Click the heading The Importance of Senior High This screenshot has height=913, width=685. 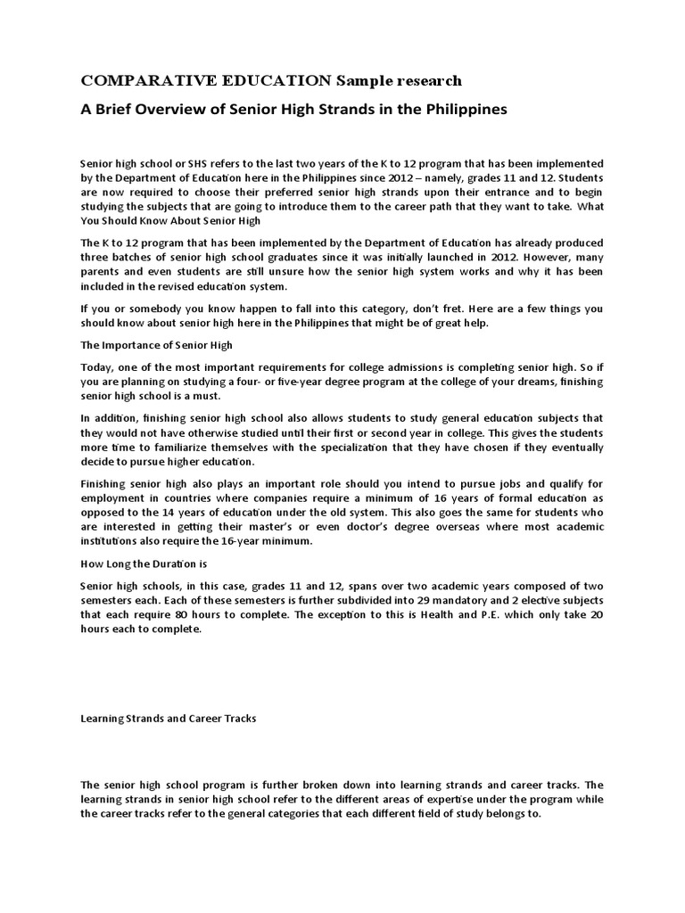(156, 345)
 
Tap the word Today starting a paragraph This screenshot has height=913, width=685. (97, 367)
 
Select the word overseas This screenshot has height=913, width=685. (407, 527)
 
